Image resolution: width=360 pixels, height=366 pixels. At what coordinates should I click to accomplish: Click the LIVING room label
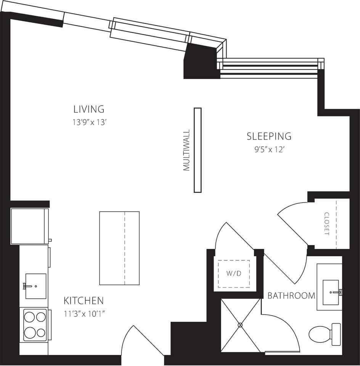point(88,109)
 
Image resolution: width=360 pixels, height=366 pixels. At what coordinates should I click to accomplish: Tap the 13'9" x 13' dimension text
point(88,122)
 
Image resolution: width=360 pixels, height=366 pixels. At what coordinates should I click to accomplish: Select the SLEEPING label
point(269,136)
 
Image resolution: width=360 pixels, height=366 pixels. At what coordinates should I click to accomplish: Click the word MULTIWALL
point(186,150)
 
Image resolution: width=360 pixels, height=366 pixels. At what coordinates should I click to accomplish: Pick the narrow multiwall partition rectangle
point(198,150)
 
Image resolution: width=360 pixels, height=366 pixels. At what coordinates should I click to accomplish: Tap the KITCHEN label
point(84,300)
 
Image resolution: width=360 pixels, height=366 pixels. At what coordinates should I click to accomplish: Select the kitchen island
point(119,248)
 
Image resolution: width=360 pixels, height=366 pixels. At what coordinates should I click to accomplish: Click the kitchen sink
point(35,286)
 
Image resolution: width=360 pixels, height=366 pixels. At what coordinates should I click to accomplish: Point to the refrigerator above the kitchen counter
point(30,226)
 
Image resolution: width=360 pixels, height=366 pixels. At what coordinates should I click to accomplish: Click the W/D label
point(233,274)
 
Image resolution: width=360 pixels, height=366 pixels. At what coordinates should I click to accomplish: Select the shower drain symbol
point(240,325)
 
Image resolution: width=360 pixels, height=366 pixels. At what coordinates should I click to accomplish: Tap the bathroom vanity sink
point(331,292)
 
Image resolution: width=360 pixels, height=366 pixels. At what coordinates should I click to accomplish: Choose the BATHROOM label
point(291,295)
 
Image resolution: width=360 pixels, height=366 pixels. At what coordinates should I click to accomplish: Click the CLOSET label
point(326,224)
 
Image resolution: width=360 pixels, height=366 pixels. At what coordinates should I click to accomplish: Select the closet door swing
point(294,223)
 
